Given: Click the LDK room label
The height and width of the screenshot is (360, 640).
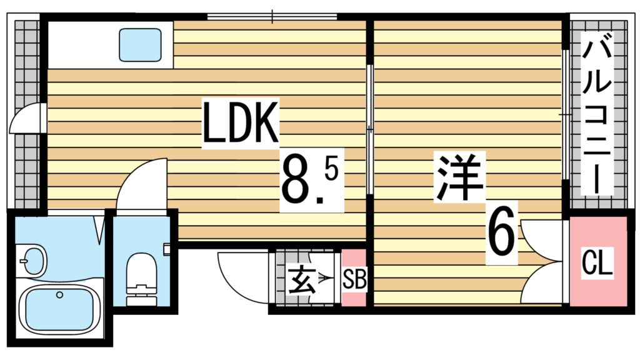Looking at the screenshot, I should [239, 123].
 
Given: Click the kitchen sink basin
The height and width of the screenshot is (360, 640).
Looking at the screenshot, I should [140, 45].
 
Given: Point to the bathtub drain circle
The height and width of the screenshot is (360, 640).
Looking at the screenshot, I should [60, 294].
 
